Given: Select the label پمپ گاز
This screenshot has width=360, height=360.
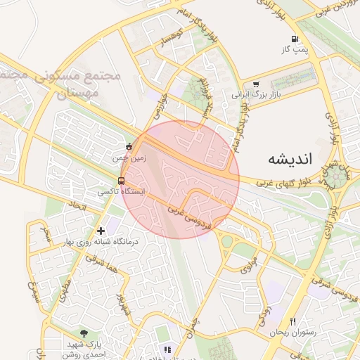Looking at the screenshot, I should pos(295,50).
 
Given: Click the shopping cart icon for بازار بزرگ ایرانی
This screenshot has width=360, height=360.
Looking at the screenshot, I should pos(255,83).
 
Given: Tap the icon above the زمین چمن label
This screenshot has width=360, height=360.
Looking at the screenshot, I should pos(128,147).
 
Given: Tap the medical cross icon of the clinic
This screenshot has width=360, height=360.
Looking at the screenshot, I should pos(101,230).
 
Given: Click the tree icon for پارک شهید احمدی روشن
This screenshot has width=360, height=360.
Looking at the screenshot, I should pos(85,333).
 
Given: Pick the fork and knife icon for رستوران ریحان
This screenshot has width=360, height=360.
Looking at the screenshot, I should pos(293,321).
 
